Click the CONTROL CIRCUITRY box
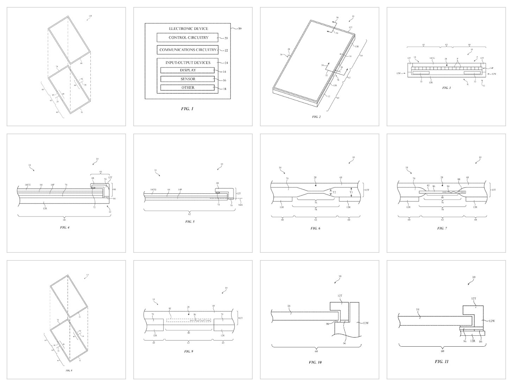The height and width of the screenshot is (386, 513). pos(188,38)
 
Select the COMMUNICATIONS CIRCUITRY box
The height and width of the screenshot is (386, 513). pos(188,50)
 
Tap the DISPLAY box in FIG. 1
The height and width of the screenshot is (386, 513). pos(188,70)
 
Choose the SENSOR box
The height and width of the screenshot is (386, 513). pos(188,79)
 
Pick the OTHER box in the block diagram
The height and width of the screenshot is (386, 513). pos(188,88)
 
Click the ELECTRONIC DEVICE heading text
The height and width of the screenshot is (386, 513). pos(188,28)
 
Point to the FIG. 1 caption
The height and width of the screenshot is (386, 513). pos(187,109)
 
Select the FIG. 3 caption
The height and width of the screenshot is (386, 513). pos(446,88)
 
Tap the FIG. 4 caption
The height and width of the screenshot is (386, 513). pos(65,227)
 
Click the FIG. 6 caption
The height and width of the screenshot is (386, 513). pos(315,228)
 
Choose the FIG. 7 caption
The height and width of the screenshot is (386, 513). pos(442,228)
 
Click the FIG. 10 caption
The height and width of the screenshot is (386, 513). pos(315,362)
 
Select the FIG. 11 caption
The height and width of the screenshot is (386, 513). pos(442,361)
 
